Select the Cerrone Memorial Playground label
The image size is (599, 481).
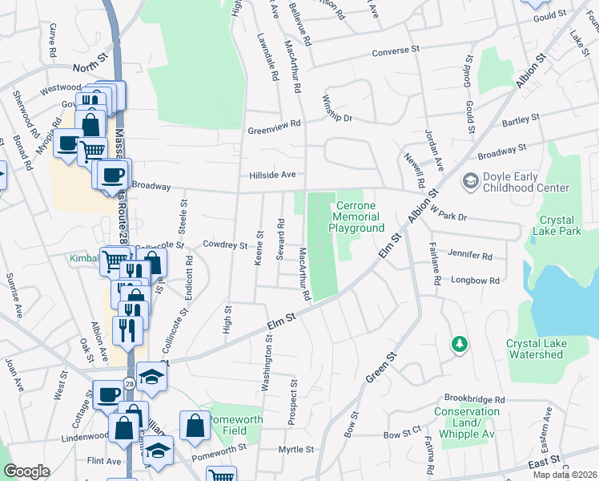click(x=356, y=216)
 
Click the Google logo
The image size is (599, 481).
click(x=26, y=471)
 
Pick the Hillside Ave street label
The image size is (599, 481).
click(x=272, y=174)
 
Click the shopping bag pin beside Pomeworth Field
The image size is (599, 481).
click(x=195, y=426)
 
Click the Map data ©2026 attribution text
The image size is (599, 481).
click(x=565, y=475)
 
